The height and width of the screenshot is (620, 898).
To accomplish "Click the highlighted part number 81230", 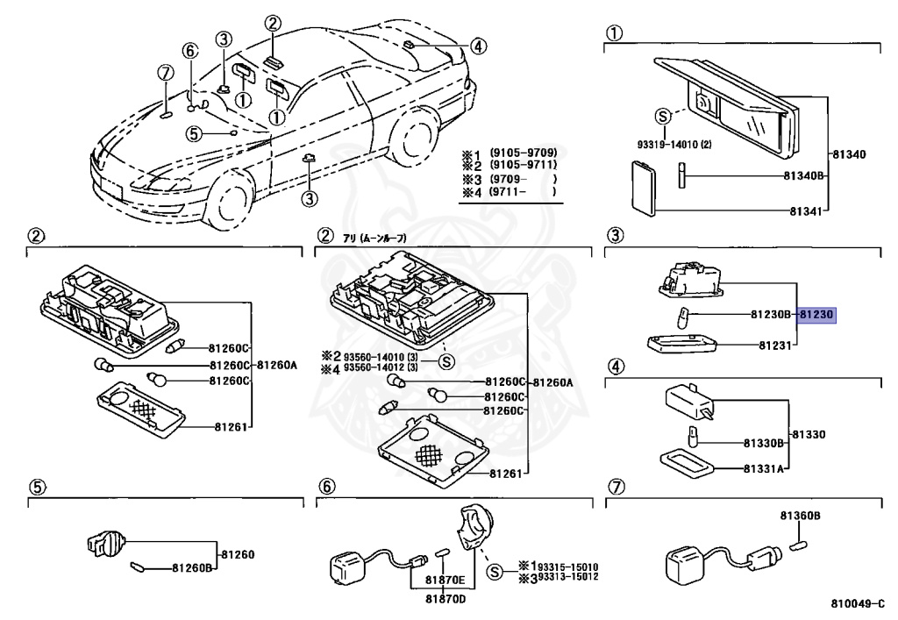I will (817, 313).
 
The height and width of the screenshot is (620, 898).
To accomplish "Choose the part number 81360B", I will (800, 516).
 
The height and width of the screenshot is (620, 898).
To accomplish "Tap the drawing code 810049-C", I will (858, 604).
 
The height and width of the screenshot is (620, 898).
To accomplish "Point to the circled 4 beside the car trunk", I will (477, 46).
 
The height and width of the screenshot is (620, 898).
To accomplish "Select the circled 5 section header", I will (35, 488).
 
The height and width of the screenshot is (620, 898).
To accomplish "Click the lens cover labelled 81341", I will (646, 187).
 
